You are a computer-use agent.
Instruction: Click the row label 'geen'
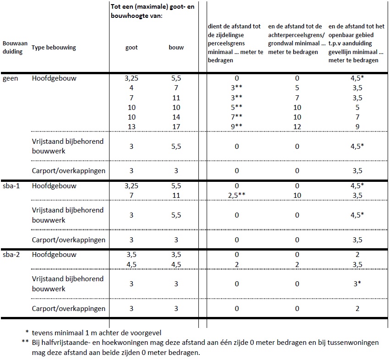[10, 78]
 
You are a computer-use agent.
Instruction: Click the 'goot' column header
[131, 47]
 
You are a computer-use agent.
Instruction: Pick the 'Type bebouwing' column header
[54, 48]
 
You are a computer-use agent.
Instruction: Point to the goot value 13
[131, 126]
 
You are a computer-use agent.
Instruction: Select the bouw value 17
[176, 126]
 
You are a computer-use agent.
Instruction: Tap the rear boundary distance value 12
[297, 126]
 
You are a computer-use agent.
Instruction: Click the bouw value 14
[176, 117]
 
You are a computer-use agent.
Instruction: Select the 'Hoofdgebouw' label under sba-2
[54, 255]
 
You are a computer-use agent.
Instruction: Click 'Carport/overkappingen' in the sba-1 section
[69, 240]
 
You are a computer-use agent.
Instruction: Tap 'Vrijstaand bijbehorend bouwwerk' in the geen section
[68, 147]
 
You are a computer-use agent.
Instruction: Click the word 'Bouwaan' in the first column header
[15, 44]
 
